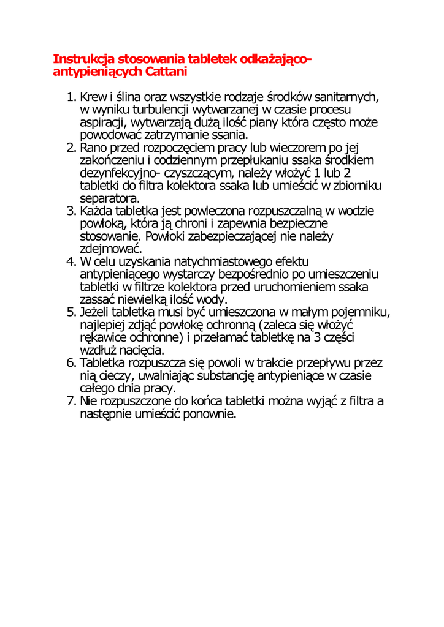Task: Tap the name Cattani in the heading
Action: click(x=165, y=72)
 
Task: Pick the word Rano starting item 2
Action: click(x=94, y=148)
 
